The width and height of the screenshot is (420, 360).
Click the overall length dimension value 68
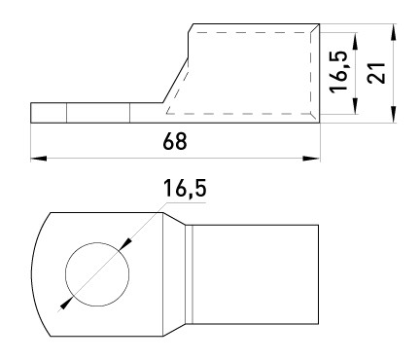pyautogui.click(x=175, y=141)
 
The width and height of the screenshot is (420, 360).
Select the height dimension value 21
pyautogui.click(x=376, y=73)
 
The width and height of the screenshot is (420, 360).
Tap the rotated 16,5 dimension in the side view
pyautogui.click(x=339, y=71)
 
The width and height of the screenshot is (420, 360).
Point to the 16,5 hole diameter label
pyautogui.click(x=185, y=189)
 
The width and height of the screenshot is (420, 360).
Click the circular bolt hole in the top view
pyautogui.click(x=97, y=274)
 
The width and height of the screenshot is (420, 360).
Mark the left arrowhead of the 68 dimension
pyautogui.click(x=38, y=159)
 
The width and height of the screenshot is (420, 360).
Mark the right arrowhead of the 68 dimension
pyautogui.click(x=311, y=159)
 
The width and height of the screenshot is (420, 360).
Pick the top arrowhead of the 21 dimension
pyautogui.click(x=394, y=32)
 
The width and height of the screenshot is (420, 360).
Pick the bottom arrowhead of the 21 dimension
pyautogui.click(x=394, y=114)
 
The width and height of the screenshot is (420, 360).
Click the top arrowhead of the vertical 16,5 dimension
pyautogui.click(x=356, y=41)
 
